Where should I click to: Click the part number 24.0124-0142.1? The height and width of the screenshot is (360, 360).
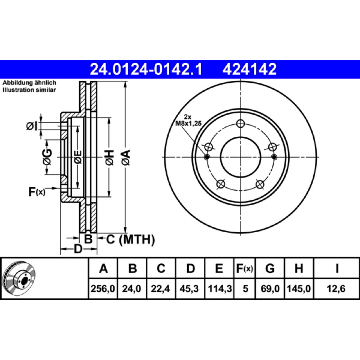tap(146, 69)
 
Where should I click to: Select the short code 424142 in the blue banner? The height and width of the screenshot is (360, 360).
tap(250, 69)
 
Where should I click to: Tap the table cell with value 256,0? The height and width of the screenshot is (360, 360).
tap(103, 288)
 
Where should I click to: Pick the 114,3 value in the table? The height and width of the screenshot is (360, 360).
tap(220, 288)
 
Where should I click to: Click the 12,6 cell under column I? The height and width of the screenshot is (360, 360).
tap(336, 288)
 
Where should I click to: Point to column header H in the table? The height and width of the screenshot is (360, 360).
tap(299, 268)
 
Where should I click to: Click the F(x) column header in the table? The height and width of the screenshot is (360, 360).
tap(245, 268)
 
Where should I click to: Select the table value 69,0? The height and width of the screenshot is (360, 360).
tap(270, 288)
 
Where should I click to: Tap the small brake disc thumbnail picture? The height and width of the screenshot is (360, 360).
tap(19, 278)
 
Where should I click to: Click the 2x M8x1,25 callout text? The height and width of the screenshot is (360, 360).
tap(189, 121)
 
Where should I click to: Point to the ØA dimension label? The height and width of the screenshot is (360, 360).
tap(126, 157)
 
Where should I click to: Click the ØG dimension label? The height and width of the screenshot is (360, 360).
tap(47, 157)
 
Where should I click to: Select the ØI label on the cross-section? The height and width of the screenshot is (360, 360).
tap(31, 126)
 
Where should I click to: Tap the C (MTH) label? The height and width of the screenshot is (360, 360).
tap(130, 239)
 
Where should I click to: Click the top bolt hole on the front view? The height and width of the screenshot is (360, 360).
tap(240, 124)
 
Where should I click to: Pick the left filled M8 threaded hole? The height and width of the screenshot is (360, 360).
tap(207, 157)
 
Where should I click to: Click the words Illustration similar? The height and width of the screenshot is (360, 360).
tap(29, 90)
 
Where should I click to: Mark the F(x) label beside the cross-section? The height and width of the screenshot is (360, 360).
tap(37, 192)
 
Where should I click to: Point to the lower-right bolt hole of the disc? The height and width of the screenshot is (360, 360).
tap(260, 184)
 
